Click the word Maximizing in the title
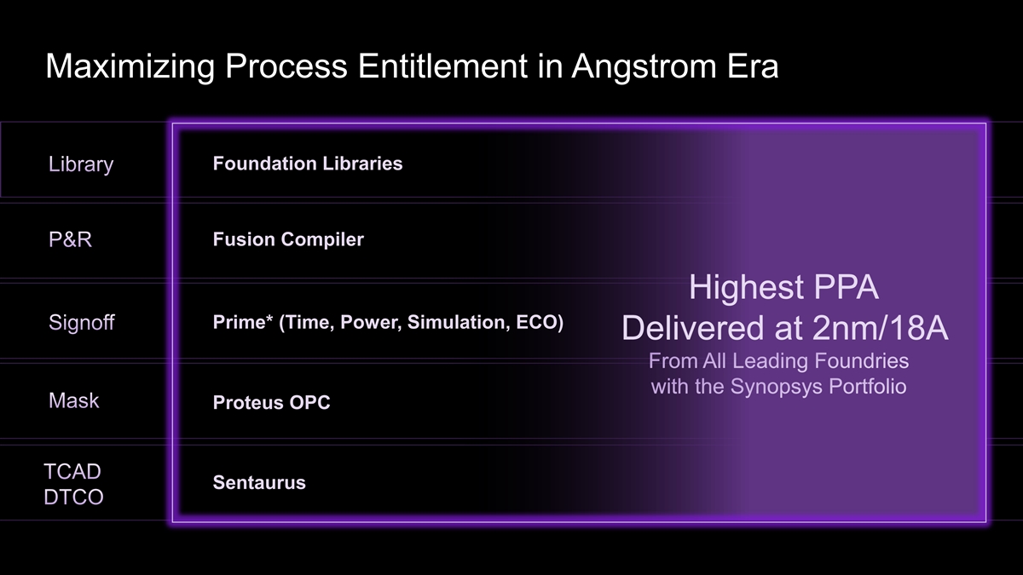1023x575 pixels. pyautogui.click(x=130, y=67)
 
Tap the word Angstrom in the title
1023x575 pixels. pyautogui.click(x=644, y=67)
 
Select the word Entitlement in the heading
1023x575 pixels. pyautogui.click(x=443, y=66)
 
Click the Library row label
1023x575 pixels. pyautogui.click(x=81, y=164)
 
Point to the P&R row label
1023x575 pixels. pyautogui.click(x=70, y=239)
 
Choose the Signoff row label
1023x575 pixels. pyautogui.click(x=82, y=323)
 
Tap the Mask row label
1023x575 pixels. pyautogui.click(x=73, y=400)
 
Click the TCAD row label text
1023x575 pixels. pyautogui.click(x=72, y=471)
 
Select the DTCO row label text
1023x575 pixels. pyautogui.click(x=73, y=497)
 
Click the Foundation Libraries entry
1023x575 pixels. pyautogui.click(x=308, y=164)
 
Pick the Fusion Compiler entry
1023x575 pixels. pyautogui.click(x=288, y=239)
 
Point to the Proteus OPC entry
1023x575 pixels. pyautogui.click(x=271, y=402)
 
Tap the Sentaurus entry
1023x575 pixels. pyautogui.click(x=259, y=482)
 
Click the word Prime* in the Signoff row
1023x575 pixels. pyautogui.click(x=243, y=322)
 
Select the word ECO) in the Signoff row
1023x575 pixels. pyautogui.click(x=540, y=323)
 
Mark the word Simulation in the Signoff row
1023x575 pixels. pyautogui.click(x=458, y=322)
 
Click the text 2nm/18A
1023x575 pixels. pyautogui.click(x=881, y=329)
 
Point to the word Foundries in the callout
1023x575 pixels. pyautogui.click(x=862, y=361)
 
